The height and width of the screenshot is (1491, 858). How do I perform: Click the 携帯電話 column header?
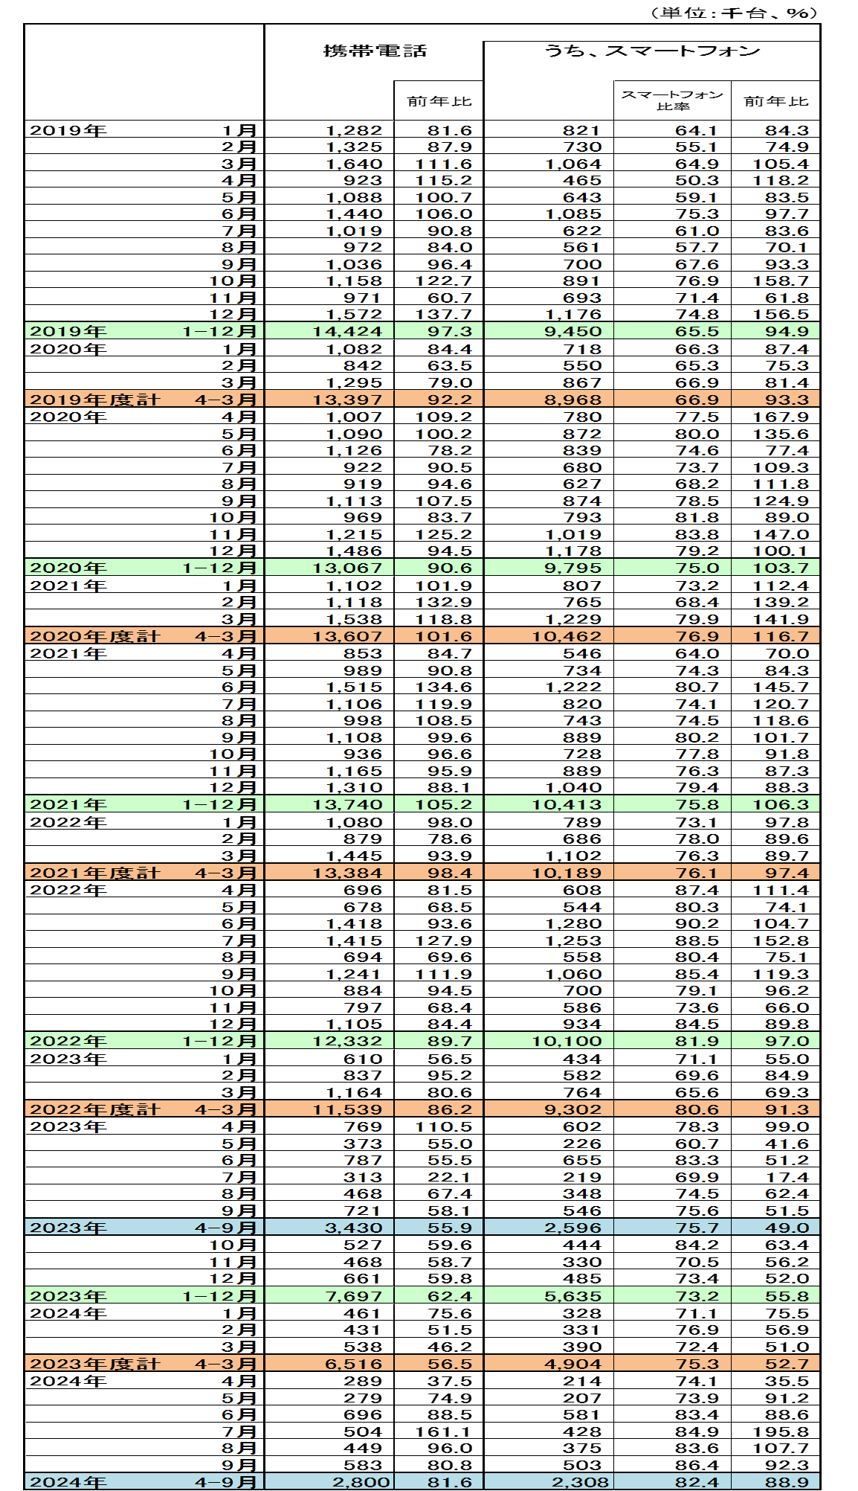(375, 51)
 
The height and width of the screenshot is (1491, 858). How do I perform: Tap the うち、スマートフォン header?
(651, 51)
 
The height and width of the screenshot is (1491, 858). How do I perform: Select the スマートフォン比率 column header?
(672, 100)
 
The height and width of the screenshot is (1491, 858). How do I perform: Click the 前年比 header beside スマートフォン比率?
(775, 101)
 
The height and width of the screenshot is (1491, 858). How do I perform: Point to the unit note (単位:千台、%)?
(733, 13)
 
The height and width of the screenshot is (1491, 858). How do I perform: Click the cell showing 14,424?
(347, 332)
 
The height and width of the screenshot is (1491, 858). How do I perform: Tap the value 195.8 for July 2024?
(781, 1431)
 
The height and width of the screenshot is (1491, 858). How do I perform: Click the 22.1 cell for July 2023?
(450, 1178)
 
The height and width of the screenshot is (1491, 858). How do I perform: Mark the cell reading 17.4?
(787, 1178)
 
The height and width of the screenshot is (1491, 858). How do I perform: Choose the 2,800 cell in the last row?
(361, 1482)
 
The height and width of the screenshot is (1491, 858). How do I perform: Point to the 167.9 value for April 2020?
(781, 417)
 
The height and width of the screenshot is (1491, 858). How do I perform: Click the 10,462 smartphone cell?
(567, 637)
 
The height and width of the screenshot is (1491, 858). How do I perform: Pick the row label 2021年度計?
(94, 873)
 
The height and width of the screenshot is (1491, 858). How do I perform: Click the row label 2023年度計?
(94, 1364)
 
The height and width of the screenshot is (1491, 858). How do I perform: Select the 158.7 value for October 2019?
(781, 281)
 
